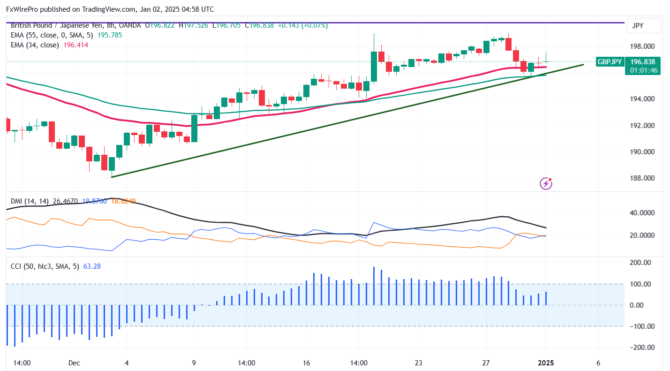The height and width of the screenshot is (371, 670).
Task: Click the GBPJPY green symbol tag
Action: tap(610, 61)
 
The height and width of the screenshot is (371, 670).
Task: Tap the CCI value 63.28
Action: tap(92, 266)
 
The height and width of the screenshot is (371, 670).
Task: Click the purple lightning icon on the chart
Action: tap(546, 183)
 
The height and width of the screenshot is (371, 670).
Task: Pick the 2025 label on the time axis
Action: tap(546, 363)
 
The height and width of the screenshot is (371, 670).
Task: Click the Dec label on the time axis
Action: tap(74, 363)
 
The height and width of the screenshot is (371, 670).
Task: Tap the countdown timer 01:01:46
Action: tap(644, 70)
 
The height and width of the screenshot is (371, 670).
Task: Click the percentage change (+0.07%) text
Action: tap(316, 25)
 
